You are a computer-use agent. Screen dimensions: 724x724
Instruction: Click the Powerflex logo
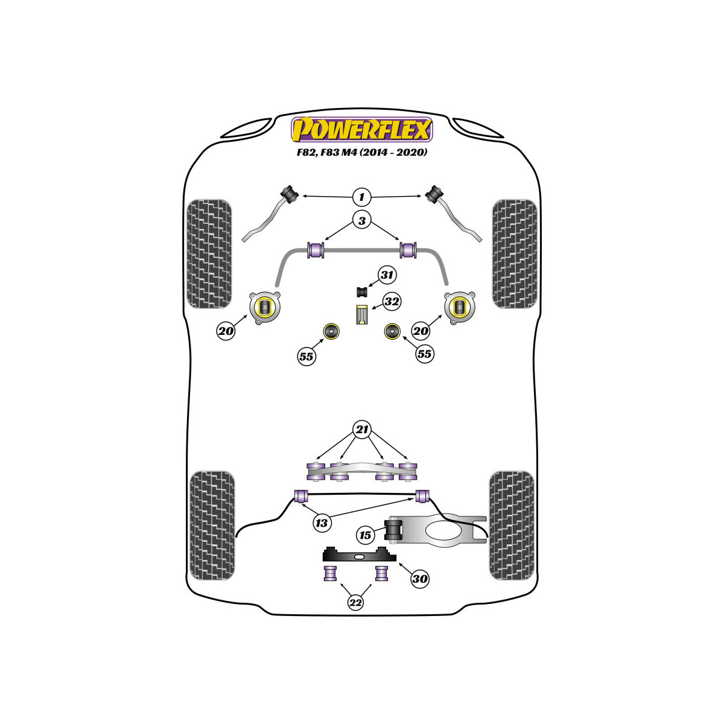(362, 130)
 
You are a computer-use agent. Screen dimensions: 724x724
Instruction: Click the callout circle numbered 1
(361, 197)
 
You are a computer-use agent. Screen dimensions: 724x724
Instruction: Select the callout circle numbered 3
(361, 221)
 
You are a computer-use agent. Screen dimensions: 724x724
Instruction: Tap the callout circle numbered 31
(387, 275)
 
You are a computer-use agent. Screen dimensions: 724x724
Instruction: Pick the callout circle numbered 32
(392, 301)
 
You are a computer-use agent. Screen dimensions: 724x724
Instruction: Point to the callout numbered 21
(362, 429)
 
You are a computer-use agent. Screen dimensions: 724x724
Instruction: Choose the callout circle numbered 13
(322, 522)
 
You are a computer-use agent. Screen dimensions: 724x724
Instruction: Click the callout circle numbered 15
(365, 535)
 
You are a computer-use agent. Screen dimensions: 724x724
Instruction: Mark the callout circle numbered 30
(420, 579)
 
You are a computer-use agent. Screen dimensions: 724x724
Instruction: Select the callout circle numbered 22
(355, 603)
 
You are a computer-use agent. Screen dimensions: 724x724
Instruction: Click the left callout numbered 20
(226, 331)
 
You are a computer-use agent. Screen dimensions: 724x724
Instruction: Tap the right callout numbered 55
(424, 354)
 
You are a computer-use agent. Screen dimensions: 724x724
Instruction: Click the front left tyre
(209, 254)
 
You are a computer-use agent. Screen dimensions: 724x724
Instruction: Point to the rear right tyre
(512, 526)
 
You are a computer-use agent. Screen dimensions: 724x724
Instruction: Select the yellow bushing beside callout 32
(362, 315)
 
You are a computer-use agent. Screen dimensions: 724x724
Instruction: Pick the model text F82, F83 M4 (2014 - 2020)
(362, 152)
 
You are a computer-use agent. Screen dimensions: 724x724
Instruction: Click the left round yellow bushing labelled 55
(331, 331)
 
